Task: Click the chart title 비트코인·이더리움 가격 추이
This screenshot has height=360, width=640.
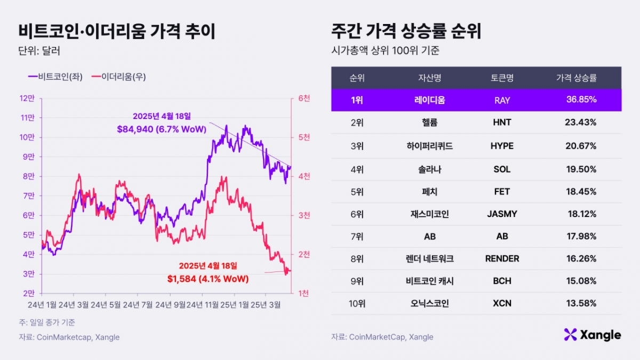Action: click(117, 31)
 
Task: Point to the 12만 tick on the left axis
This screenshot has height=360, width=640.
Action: click(27, 98)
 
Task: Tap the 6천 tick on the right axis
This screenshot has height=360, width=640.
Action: click(305, 98)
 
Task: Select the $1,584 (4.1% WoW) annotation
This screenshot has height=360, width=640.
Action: click(207, 278)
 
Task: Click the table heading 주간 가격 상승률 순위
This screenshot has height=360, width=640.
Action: click(406, 31)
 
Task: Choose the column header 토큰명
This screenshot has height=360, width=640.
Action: click(502, 78)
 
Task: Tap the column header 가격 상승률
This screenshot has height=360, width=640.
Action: click(577, 78)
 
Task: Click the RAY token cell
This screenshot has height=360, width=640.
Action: click(502, 100)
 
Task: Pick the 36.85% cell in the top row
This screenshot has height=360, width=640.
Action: click(581, 100)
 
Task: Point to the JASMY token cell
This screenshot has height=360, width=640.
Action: click(502, 214)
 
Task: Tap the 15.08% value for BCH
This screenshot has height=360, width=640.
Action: click(581, 281)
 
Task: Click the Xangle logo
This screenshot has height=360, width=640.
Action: click(592, 335)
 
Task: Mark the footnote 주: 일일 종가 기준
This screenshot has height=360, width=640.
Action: click(47, 322)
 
